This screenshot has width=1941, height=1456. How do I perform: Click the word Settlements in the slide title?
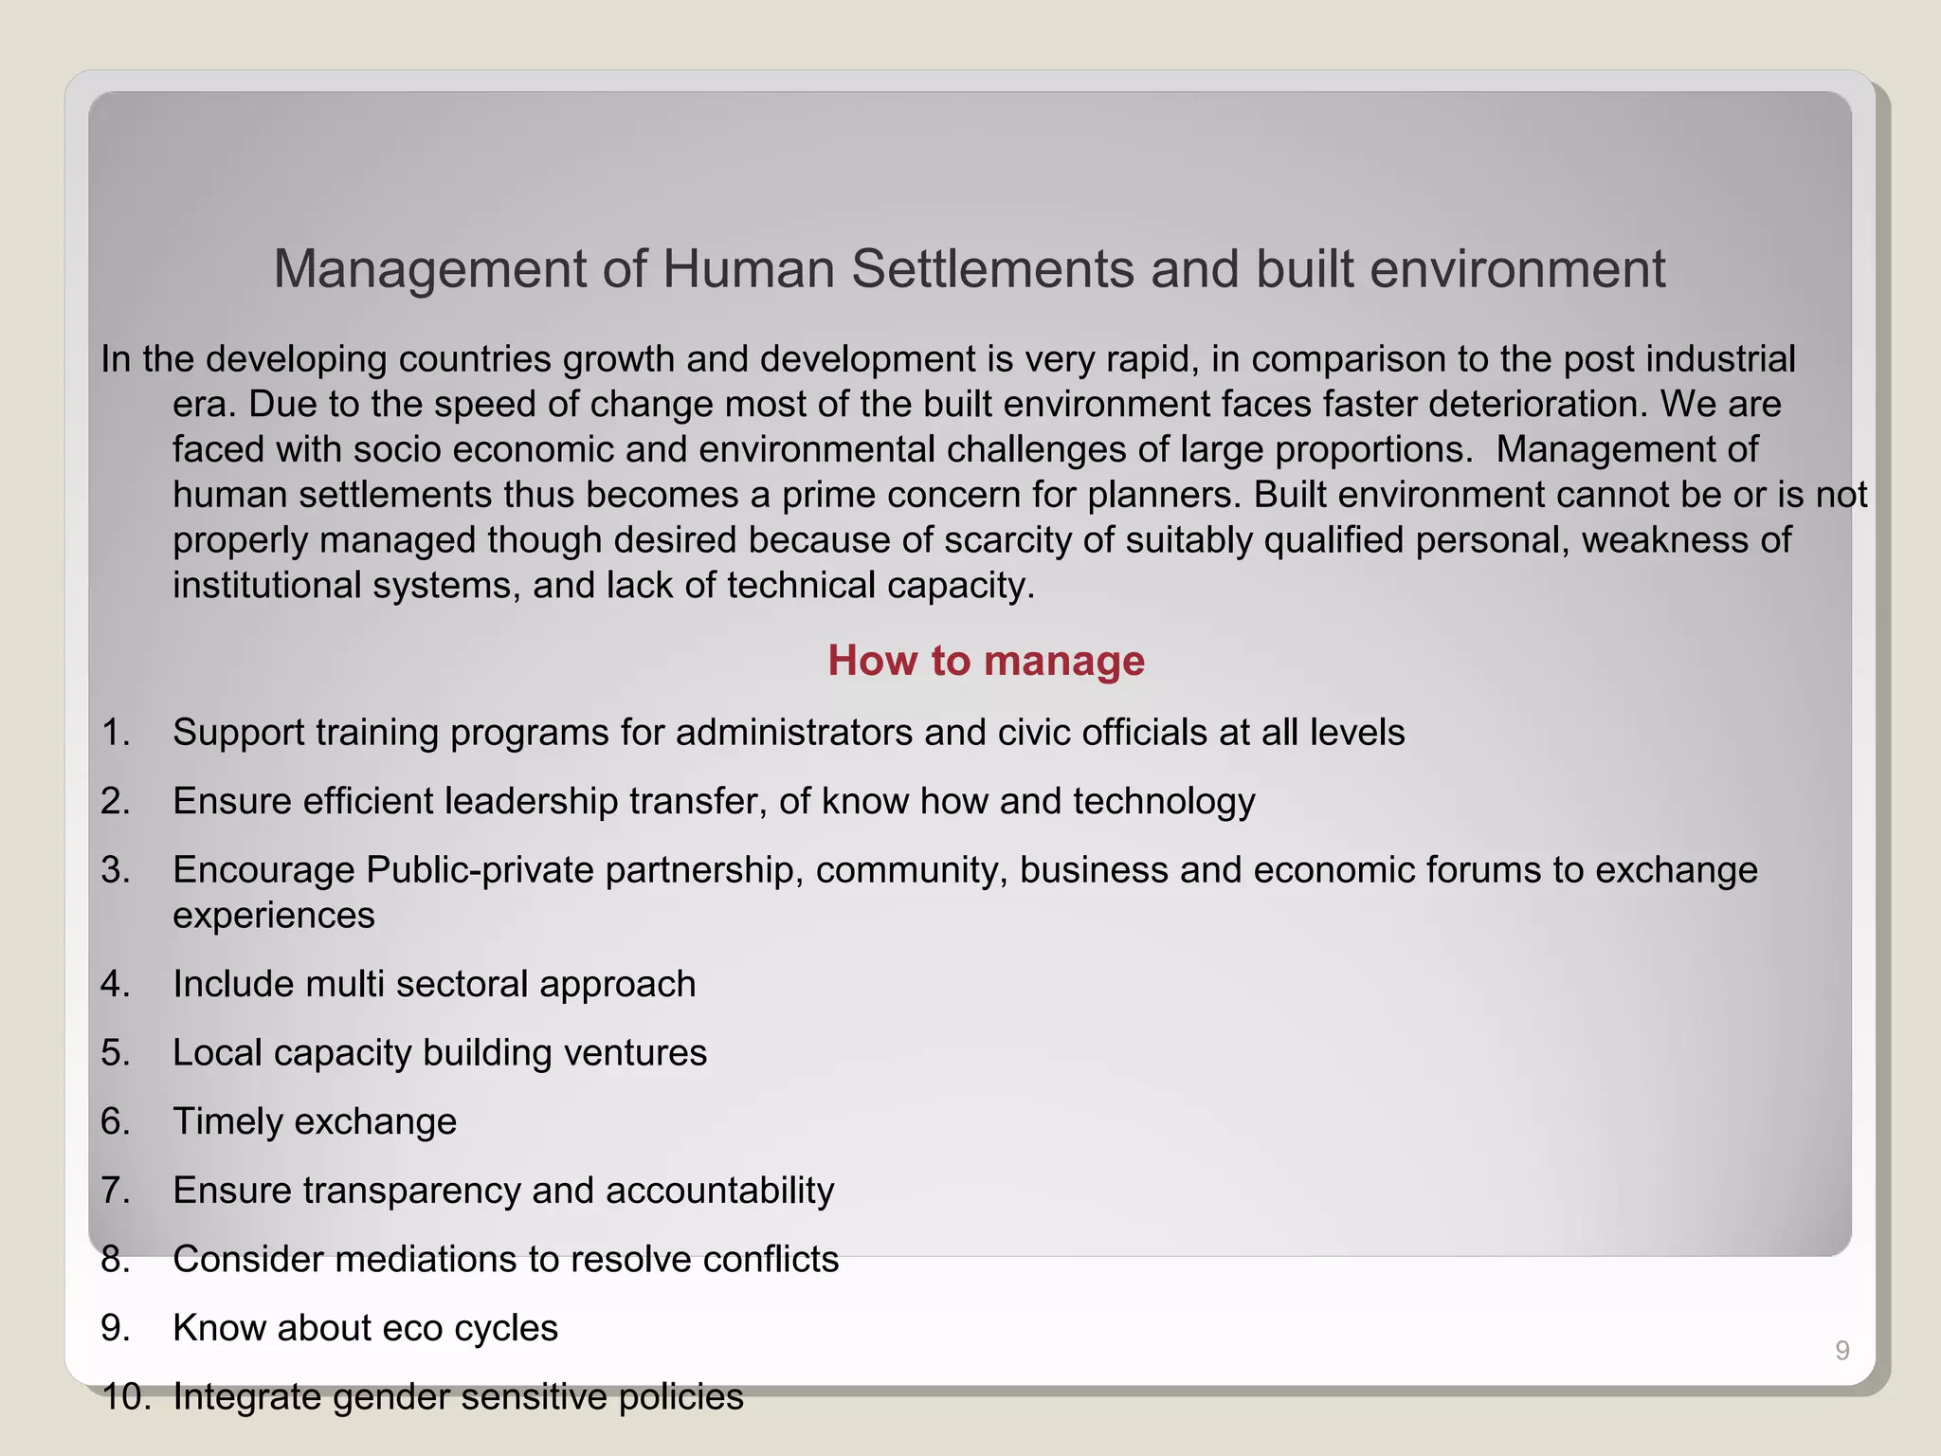click(x=991, y=269)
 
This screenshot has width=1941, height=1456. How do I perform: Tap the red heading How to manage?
click(x=986, y=661)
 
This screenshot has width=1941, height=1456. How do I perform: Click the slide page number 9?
click(x=1841, y=1351)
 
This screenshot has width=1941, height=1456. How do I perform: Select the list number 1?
click(x=115, y=733)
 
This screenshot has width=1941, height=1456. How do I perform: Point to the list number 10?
click(x=125, y=1397)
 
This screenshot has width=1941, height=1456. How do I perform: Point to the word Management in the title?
click(x=430, y=269)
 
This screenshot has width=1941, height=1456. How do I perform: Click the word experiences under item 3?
click(x=274, y=917)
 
